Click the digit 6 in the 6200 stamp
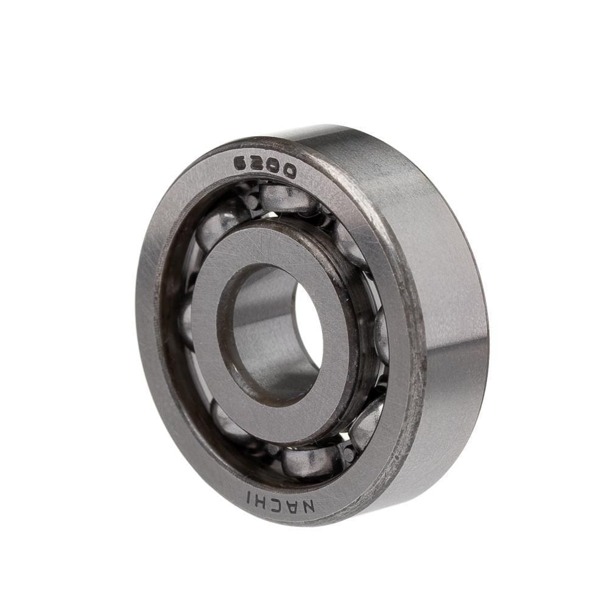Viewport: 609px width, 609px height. tap(243, 164)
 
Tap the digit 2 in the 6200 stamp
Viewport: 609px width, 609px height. tap(258, 166)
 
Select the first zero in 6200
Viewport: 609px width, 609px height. tap(273, 169)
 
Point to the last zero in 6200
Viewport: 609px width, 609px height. tap(289, 172)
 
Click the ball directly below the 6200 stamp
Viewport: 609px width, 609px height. tap(283, 198)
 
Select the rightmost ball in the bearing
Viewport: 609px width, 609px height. tap(381, 335)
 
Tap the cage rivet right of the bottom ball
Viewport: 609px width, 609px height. tap(347, 454)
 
